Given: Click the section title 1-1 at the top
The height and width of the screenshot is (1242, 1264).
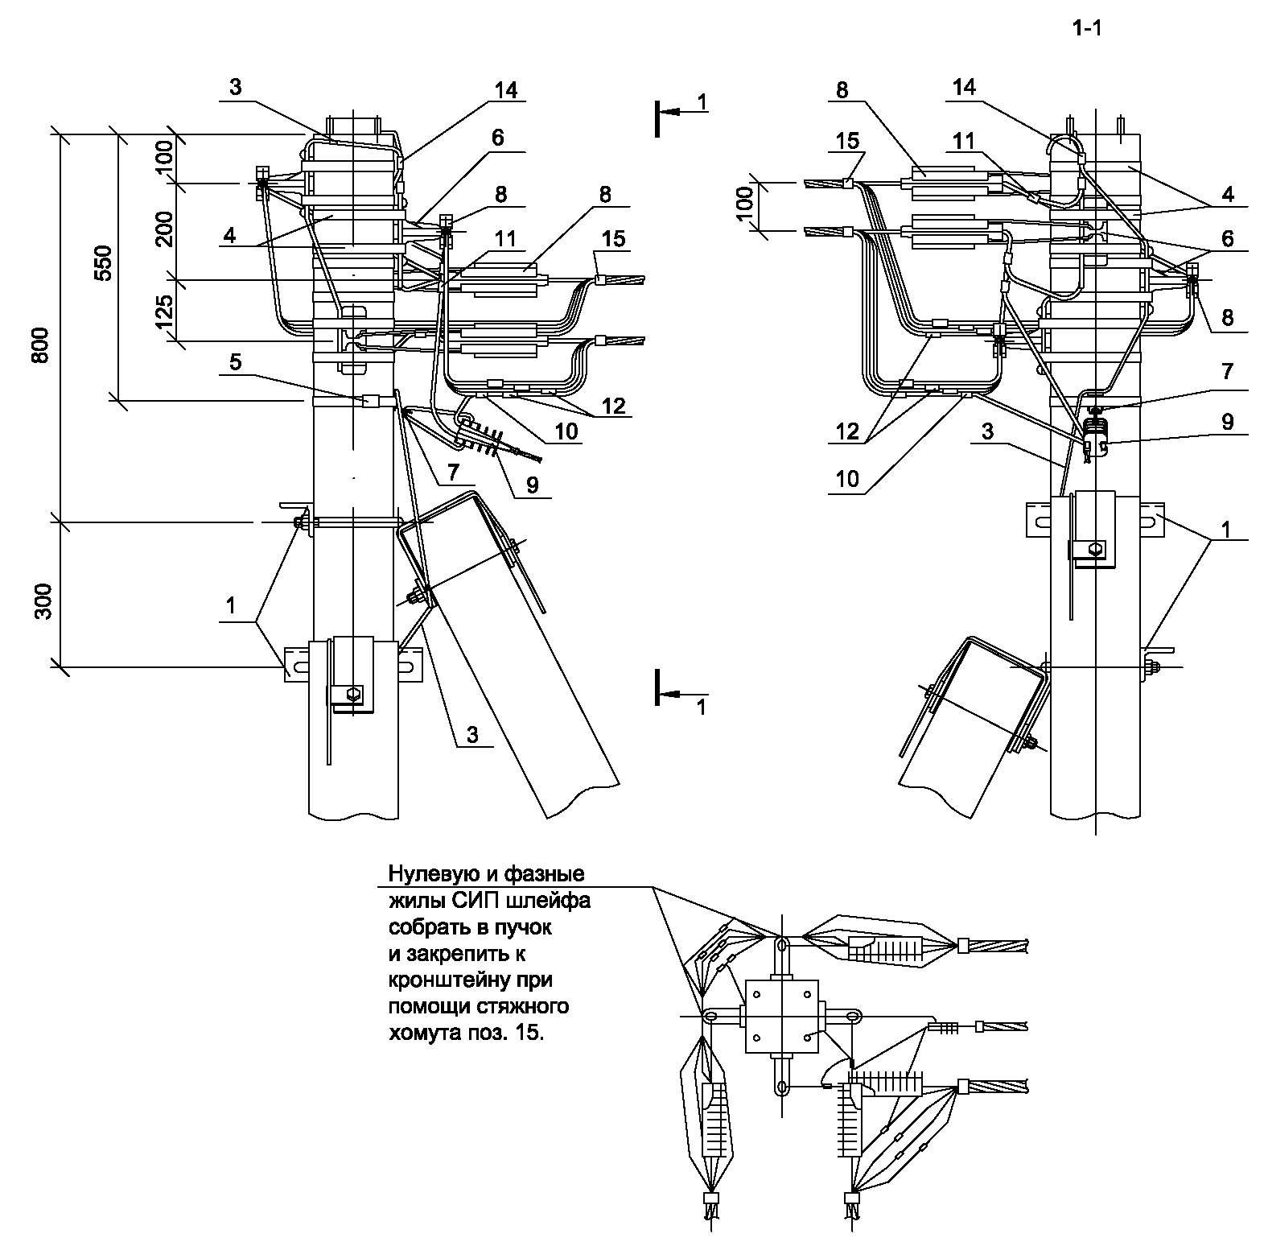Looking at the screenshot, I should pos(1086,30).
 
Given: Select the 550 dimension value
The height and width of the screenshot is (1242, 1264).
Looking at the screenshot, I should pos(104,262).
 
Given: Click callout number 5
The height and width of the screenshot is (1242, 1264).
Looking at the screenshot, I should pos(235,362).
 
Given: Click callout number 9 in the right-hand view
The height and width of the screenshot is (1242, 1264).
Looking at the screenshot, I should pos(1227,421).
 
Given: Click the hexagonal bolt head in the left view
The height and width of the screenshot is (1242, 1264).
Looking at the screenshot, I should pos(354,693).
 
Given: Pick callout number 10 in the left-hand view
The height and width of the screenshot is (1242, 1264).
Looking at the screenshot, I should pos(566,431).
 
